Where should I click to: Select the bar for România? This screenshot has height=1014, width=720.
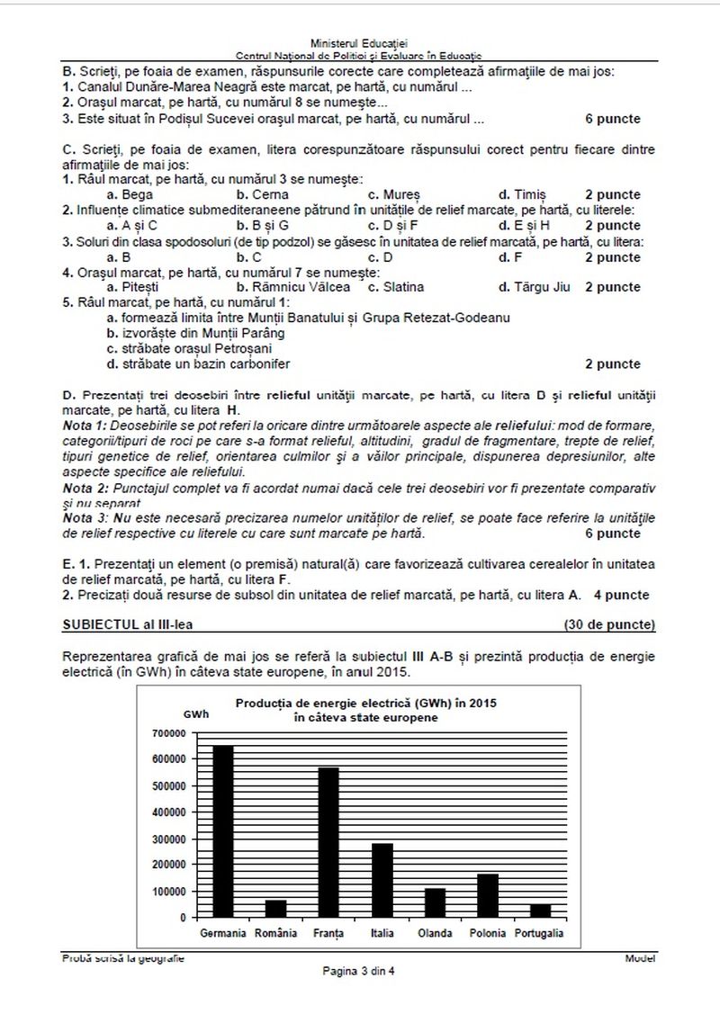pyautogui.click(x=274, y=908)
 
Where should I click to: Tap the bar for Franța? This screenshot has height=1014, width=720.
pyautogui.click(x=328, y=842)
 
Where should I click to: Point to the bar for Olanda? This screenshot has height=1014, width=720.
pyautogui.click(x=435, y=902)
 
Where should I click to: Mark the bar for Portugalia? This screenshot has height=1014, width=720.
pyautogui.click(x=540, y=911)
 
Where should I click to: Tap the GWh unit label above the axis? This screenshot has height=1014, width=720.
pyautogui.click(x=194, y=713)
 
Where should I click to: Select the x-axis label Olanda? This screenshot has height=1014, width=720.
pyautogui.click(x=435, y=933)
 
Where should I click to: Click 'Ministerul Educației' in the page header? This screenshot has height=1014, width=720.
pyautogui.click(x=358, y=42)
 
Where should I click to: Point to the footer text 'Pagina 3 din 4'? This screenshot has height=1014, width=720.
pyautogui.click(x=358, y=971)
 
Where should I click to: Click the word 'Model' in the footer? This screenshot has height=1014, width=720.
pyautogui.click(x=640, y=958)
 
